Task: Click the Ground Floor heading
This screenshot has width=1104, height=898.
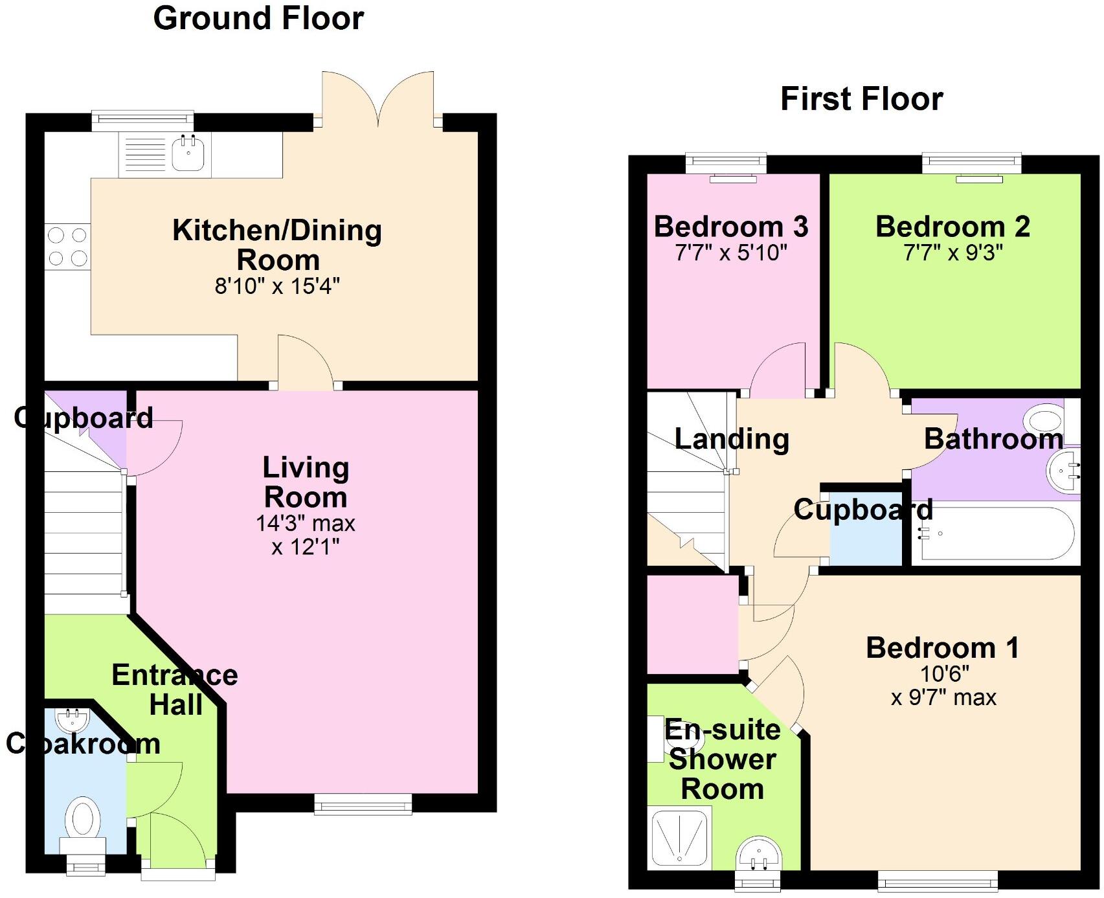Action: click(258, 18)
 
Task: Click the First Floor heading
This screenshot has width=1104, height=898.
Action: click(861, 99)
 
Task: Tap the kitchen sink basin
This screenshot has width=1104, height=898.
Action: click(188, 155)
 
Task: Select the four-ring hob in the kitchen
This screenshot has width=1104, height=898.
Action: click(67, 246)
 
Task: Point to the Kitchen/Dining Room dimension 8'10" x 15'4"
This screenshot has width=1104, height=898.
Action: click(277, 286)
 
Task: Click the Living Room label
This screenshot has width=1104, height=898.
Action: click(306, 482)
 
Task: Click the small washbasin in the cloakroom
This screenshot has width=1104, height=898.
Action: click(69, 719)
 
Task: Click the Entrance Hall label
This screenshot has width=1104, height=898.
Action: click(175, 690)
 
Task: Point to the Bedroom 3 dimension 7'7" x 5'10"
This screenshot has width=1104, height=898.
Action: click(730, 253)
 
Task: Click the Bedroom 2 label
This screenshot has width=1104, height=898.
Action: click(952, 227)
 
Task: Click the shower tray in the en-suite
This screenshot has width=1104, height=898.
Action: click(679, 837)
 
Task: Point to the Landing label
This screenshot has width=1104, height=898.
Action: click(732, 439)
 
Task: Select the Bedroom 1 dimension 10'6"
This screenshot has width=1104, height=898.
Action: click(944, 674)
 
